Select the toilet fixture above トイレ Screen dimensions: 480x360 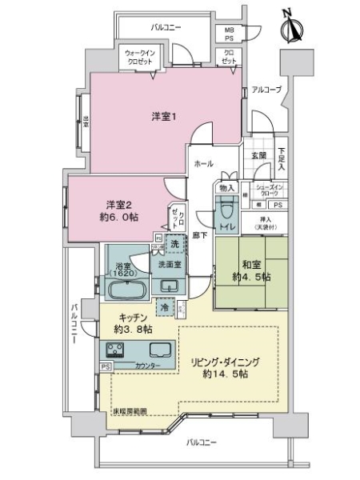[227, 210]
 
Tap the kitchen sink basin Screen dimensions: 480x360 [158, 350]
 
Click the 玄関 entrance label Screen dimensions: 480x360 [258, 155]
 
